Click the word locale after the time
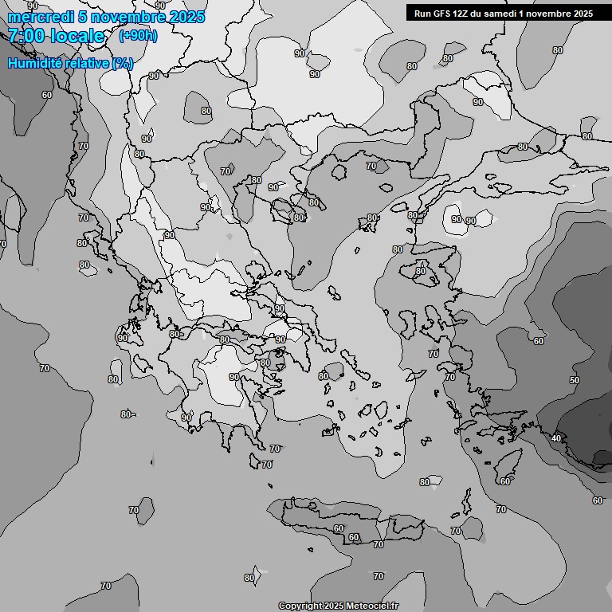point(78,36)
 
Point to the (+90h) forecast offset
point(139,36)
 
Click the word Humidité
point(34,63)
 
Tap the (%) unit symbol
point(123,63)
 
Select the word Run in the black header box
point(422,14)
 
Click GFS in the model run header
point(443,14)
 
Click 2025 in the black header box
point(580,14)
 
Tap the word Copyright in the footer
point(299,606)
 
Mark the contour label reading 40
point(556,438)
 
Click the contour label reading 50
point(575,381)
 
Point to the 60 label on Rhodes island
point(505,481)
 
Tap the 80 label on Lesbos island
point(420,271)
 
